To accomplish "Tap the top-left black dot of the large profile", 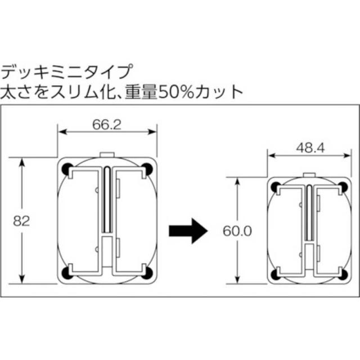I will [x=67, y=168].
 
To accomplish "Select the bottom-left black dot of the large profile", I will [x=67, y=274].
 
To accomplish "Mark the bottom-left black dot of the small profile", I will [x=275, y=274].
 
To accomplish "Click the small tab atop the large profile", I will [x=107, y=154].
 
